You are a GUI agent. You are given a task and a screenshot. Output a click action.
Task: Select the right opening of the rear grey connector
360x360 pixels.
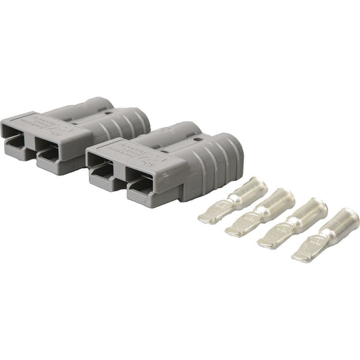[55, 153]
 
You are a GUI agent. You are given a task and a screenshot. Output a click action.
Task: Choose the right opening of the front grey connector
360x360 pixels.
[145, 190]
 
